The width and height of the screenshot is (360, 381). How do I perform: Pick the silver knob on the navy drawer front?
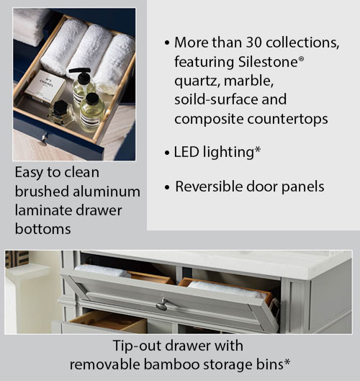[43, 136]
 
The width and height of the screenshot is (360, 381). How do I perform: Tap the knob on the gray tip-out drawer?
[163, 304]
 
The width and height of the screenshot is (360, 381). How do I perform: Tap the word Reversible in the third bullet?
[209, 187]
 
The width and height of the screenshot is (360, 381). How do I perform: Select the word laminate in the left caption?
[42, 210]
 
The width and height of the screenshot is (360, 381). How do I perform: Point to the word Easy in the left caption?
[29, 173]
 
